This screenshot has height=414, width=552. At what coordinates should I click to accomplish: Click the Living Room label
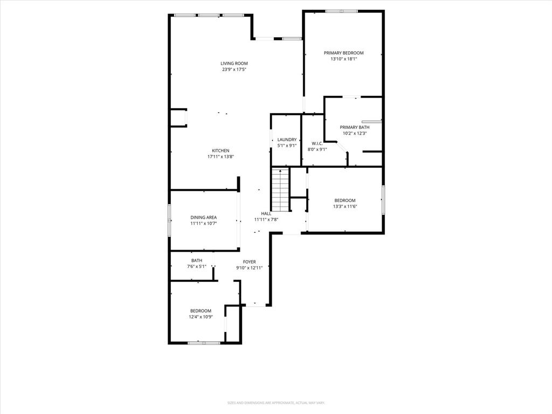tap(234, 63)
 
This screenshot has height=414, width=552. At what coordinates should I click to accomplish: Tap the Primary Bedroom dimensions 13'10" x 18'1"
tap(343, 59)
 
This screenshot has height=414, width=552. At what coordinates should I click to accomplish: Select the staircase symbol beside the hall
tap(280, 189)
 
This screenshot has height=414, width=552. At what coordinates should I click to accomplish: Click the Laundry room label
tap(287, 140)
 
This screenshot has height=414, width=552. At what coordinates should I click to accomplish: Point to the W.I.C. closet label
tap(316, 143)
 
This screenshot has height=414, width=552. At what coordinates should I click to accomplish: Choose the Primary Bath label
tap(354, 127)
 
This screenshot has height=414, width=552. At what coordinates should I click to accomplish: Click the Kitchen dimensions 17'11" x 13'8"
tap(220, 156)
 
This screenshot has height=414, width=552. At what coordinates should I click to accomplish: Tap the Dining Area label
tap(203, 217)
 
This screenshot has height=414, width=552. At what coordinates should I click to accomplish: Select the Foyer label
tap(249, 261)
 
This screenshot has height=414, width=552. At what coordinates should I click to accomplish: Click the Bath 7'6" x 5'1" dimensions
tap(196, 266)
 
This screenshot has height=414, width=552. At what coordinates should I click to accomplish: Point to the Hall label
tap(266, 213)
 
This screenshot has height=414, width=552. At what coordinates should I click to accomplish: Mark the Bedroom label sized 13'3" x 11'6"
tap(345, 201)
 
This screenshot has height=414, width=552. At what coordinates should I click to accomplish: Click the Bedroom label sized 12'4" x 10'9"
tap(201, 310)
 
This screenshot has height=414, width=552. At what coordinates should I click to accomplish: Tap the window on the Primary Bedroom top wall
tap(341, 11)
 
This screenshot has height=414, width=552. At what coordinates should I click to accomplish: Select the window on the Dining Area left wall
tap(169, 220)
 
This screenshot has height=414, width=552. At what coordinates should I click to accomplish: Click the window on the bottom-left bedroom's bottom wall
tap(204, 342)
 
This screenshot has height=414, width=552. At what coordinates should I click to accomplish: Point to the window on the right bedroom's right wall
tap(383, 200)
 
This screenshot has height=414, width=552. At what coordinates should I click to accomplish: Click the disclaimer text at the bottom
tap(275, 403)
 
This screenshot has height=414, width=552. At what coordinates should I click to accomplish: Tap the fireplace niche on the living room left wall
tap(178, 118)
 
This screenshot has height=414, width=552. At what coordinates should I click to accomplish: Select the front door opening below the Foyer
tap(257, 306)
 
